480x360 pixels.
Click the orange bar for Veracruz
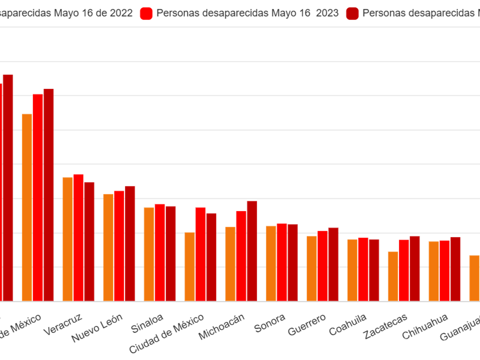point(67,239)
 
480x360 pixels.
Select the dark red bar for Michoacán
point(252,251)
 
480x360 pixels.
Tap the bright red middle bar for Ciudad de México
point(200,254)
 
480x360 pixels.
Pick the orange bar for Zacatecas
point(393,276)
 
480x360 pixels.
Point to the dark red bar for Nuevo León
point(130,243)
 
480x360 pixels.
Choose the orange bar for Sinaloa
point(149,254)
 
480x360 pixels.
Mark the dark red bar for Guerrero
point(333,264)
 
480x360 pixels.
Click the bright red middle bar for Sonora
point(282,262)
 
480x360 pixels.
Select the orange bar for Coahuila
point(352,270)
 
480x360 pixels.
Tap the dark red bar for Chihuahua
point(456,269)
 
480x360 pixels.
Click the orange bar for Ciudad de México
point(190,266)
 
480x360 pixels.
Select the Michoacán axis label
point(222,327)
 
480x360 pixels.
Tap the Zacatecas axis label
point(385,326)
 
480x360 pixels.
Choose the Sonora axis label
point(270,323)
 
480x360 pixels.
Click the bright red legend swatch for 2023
point(146,13)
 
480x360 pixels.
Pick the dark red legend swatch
point(352,13)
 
